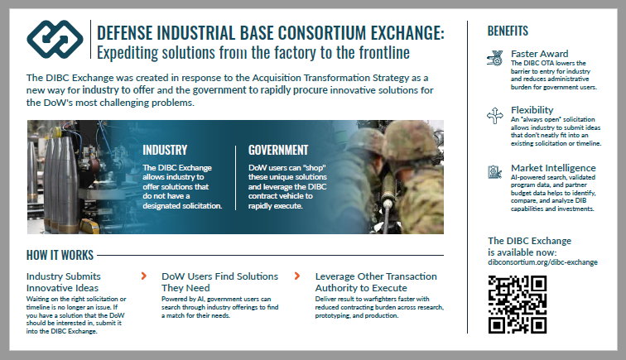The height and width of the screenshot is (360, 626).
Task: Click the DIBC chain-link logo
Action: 55,39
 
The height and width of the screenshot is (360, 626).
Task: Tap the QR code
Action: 517,305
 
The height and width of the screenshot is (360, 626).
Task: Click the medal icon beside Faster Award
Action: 494,58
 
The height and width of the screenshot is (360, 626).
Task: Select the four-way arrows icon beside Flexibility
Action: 495,115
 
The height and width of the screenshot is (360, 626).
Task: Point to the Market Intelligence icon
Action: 494,172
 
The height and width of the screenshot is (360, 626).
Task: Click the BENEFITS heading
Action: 508,31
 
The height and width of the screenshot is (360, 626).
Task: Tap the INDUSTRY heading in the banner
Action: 165,150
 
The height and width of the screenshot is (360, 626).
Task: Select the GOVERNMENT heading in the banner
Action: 278,150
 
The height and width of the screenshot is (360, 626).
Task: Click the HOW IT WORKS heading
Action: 60,255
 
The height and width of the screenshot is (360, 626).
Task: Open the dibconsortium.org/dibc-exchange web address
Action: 542,262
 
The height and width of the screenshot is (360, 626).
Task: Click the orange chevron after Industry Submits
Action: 144,276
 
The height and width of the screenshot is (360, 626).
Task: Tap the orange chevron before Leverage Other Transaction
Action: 297,276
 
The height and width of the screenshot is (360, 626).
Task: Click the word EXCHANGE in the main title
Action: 407,33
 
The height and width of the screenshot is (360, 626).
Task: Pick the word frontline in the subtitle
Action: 384,53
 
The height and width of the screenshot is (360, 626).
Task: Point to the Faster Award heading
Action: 539,54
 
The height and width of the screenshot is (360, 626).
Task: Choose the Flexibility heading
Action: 532,110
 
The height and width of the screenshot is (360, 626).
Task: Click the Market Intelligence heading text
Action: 553,168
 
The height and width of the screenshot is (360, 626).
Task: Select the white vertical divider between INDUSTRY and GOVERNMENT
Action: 235,178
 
